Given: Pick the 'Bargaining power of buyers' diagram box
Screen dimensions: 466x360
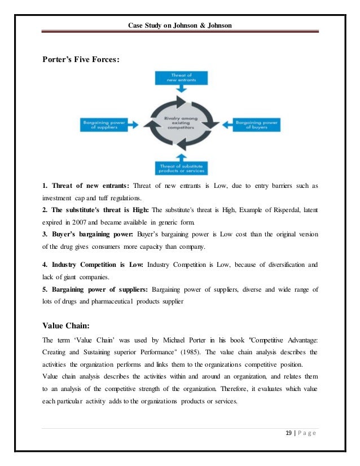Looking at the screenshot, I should tap(256, 125).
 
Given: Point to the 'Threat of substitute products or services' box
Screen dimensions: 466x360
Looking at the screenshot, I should tap(180, 168).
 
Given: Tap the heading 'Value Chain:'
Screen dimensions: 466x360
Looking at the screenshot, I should tap(65, 324).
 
